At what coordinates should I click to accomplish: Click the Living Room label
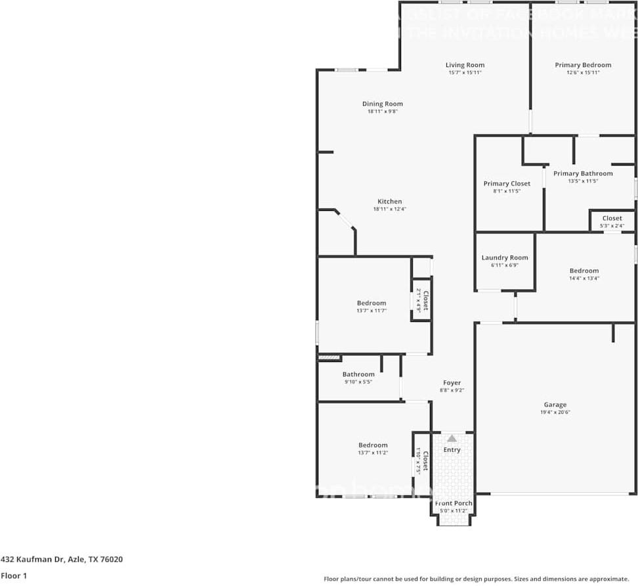click(x=465, y=65)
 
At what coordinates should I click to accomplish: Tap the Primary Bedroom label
click(x=583, y=65)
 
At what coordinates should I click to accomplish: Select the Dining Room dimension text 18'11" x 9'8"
click(x=383, y=112)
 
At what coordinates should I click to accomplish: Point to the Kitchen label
click(x=389, y=202)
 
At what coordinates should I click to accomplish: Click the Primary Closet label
click(x=507, y=184)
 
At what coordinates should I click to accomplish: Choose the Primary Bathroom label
click(x=583, y=173)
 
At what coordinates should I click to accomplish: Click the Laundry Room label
click(x=505, y=258)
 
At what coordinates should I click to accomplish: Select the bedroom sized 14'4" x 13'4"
click(x=584, y=271)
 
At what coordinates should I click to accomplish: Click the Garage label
click(x=555, y=405)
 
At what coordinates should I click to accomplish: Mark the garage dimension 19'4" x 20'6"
click(x=555, y=413)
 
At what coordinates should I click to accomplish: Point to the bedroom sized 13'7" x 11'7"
click(x=372, y=304)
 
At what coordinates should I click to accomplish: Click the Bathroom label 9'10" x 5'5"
click(x=358, y=374)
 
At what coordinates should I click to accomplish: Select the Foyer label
click(x=452, y=383)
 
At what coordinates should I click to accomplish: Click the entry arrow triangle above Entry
click(x=452, y=438)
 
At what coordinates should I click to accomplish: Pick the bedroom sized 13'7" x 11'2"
click(x=372, y=445)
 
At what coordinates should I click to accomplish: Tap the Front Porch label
click(x=454, y=503)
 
